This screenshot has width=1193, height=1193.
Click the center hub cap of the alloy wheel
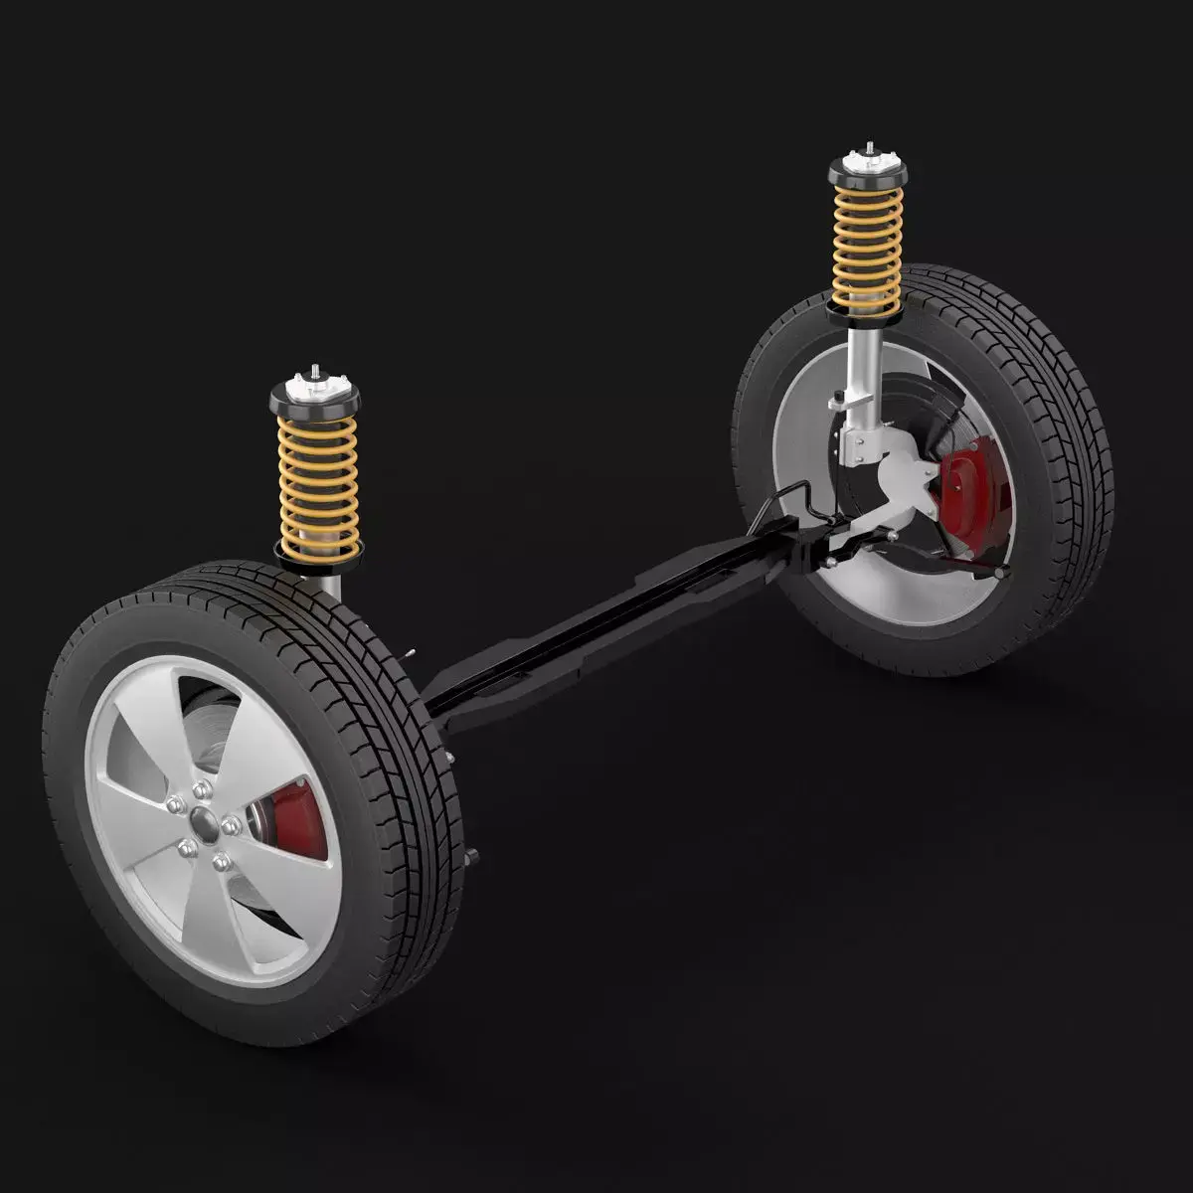point(206,821)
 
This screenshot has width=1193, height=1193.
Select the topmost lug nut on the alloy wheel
point(203,787)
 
